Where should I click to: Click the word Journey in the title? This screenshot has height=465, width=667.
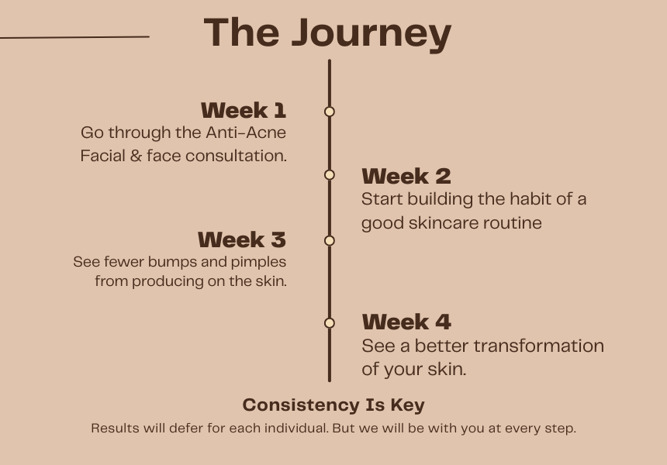[x=372, y=35]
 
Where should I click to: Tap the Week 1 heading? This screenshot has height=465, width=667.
[x=244, y=111]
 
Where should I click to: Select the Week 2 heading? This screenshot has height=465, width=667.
[x=406, y=177]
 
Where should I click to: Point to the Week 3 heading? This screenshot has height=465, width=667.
[x=242, y=239]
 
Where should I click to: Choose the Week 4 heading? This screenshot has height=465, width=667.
[x=406, y=322]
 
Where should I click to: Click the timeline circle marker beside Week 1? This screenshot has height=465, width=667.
[x=330, y=112]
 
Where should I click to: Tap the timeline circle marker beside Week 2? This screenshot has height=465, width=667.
[x=330, y=174]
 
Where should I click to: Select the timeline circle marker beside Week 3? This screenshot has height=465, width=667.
[x=330, y=241]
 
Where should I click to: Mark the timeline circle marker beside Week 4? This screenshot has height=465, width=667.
[x=330, y=323]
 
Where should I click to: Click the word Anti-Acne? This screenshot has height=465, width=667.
[x=246, y=133]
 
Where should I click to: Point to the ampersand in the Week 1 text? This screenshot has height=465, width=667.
[x=136, y=156]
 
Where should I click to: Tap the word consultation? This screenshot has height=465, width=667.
[x=236, y=156]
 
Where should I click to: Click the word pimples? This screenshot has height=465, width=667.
[x=258, y=262]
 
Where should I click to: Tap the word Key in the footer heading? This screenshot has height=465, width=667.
[x=407, y=405]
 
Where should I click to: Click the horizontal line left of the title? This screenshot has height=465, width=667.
[x=74, y=37]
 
